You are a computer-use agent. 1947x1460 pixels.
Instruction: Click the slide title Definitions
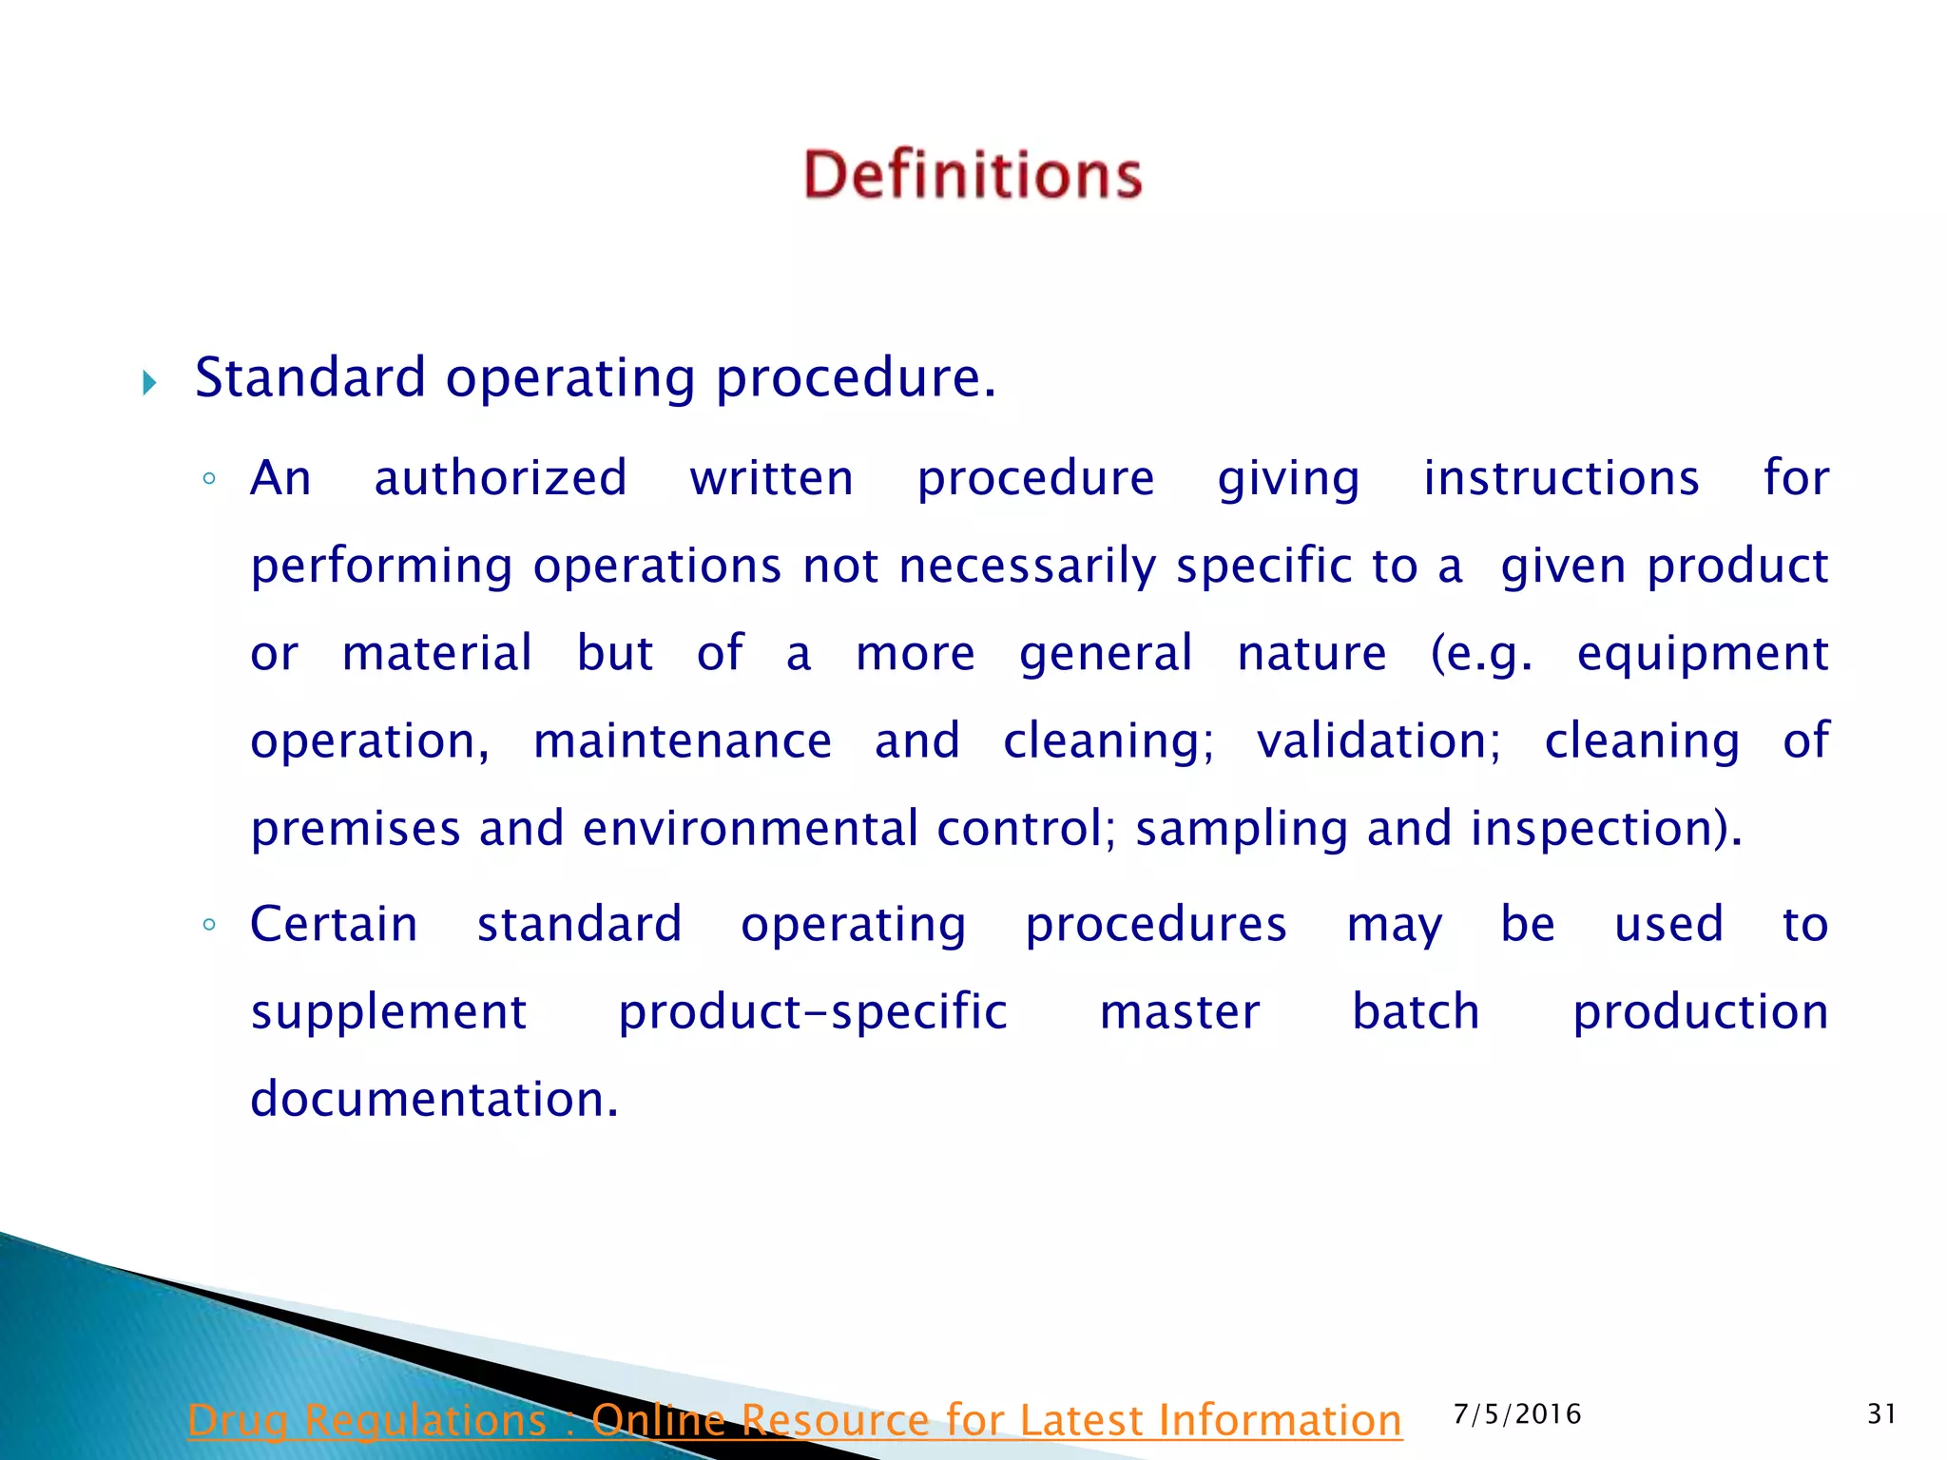pyautogui.click(x=973, y=175)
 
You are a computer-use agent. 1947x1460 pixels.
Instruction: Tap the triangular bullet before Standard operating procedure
pyautogui.click(x=149, y=383)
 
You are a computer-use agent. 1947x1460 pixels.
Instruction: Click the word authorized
pyautogui.click(x=500, y=478)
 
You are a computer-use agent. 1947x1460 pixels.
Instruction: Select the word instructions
pyautogui.click(x=1561, y=478)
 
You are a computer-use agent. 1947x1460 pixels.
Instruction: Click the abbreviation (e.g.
pyautogui.click(x=1481, y=654)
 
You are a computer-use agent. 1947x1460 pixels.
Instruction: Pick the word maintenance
pyautogui.click(x=682, y=741)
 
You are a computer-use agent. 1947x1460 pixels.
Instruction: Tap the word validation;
pyautogui.click(x=1378, y=741)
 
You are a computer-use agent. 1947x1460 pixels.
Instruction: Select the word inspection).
pyautogui.click(x=1606, y=829)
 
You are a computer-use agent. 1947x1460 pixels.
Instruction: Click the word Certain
pyautogui.click(x=334, y=925)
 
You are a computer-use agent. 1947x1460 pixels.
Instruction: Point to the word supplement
pyautogui.click(x=388, y=1012)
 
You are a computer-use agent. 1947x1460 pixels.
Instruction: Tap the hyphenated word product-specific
pyautogui.click(x=813, y=1012)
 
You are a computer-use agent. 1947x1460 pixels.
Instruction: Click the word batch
pyautogui.click(x=1416, y=1012)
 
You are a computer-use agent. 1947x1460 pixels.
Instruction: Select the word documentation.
pyautogui.click(x=434, y=1100)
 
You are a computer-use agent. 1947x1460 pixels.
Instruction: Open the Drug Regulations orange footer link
pyautogui.click(x=794, y=1420)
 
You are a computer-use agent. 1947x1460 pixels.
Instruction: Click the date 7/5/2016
pyautogui.click(x=1517, y=1414)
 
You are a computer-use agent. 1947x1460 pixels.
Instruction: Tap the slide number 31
pyautogui.click(x=1881, y=1414)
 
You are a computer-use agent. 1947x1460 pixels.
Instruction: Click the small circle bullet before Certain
pyautogui.click(x=209, y=925)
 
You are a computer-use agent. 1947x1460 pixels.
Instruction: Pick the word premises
pyautogui.click(x=356, y=829)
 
